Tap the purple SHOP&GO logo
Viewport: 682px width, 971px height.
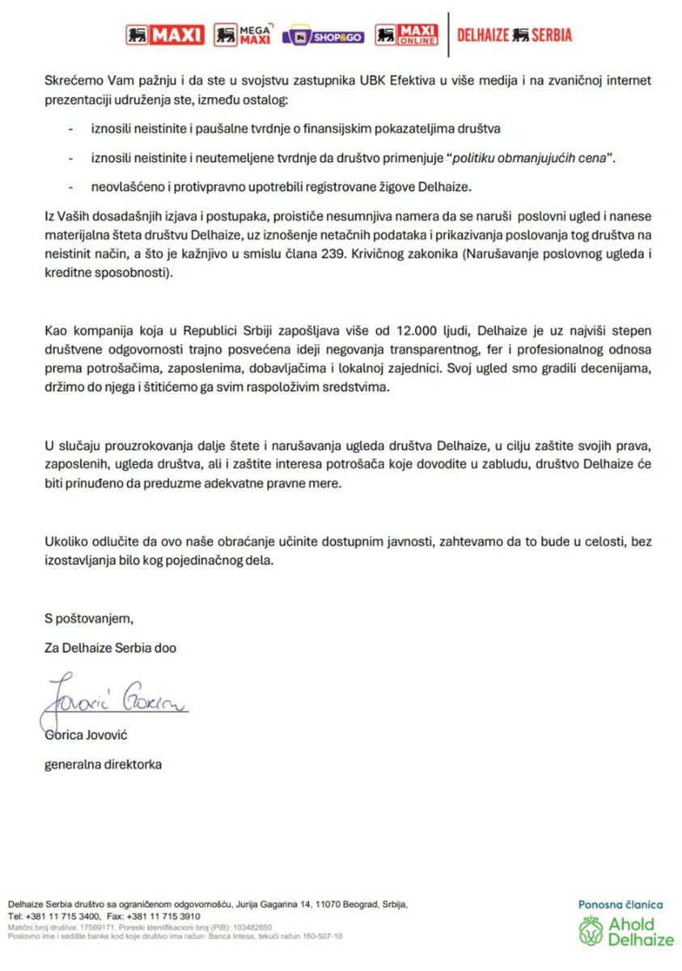tap(323, 36)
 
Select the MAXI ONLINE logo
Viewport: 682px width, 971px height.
tap(408, 35)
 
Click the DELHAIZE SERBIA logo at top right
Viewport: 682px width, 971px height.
tap(515, 35)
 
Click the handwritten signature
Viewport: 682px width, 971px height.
tap(113, 698)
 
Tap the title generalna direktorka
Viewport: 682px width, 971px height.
tap(103, 764)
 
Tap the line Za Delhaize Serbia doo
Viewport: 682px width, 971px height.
tap(110, 648)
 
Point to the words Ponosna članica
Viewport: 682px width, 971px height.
tap(621, 905)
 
